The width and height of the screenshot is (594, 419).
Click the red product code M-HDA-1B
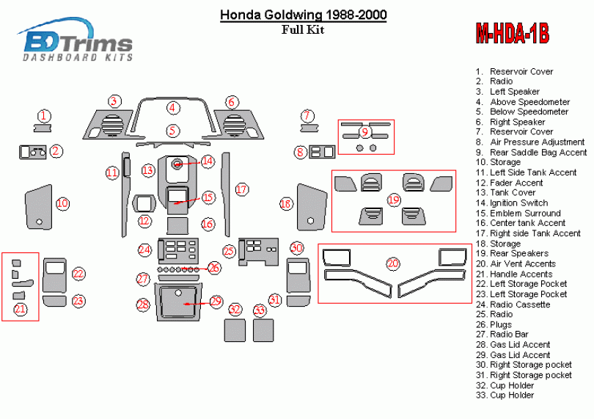pos(512,33)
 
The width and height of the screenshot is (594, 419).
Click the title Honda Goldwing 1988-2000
pos(304,15)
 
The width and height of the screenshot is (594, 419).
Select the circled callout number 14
pos(208,161)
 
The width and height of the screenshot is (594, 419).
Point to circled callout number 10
pos(62,203)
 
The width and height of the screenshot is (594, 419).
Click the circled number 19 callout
pos(394,200)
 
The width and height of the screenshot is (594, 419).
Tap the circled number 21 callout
pos(20,309)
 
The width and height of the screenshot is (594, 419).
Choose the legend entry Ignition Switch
pos(512,203)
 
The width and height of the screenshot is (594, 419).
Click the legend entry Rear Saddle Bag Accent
pos(531,152)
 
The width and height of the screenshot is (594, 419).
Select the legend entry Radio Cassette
pos(513,305)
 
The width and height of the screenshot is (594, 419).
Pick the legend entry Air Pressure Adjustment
pos(530,142)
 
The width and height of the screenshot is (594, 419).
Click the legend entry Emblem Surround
pos(518,213)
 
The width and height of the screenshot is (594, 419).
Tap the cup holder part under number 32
pos(235,330)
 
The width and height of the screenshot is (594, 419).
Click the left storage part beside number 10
pos(38,207)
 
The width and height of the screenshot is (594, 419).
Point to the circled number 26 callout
pos(214,268)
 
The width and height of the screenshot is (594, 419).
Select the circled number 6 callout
pos(232,101)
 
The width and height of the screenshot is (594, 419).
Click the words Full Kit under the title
pos(303,29)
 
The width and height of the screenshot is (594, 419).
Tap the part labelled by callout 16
pos(177,226)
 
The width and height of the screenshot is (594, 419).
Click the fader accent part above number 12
pos(144,203)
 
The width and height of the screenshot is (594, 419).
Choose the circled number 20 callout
pos(393,263)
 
